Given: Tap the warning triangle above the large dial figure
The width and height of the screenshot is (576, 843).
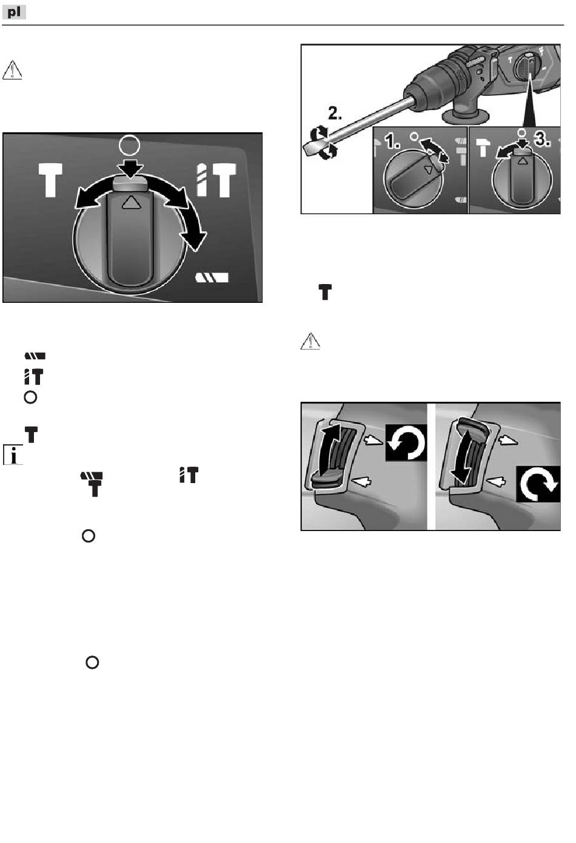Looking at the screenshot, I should click(12, 70).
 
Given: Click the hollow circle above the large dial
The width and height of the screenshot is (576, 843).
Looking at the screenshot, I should click(129, 144).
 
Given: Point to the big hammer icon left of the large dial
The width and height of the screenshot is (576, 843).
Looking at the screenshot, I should click(51, 179).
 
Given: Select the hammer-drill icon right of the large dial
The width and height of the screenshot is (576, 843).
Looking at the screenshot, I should click(216, 179).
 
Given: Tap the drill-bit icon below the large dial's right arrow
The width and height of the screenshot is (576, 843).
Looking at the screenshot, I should click(212, 278).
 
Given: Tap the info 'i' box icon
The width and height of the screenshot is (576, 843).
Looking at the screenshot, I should click(13, 455).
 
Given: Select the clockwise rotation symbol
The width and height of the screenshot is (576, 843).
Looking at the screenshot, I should click(538, 483).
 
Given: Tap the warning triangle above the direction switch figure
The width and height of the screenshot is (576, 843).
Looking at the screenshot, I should click(310, 342).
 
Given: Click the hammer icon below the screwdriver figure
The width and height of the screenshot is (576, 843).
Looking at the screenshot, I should click(325, 293).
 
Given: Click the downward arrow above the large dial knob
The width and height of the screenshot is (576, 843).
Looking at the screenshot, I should click(129, 166).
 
